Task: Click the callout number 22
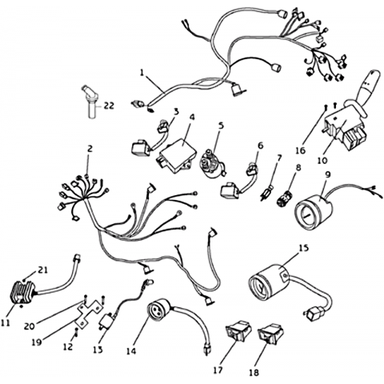tap(109, 106)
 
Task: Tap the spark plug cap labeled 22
tap(90, 102)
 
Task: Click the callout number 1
tap(142, 73)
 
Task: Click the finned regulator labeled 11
tap(23, 293)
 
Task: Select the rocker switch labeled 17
tap(239, 330)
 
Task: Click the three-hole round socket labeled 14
tap(159, 310)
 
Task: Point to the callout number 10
tap(322, 161)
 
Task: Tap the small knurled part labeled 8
tap(285, 198)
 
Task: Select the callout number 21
tap(42, 270)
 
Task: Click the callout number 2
tap(90, 149)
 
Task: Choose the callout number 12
tap(68, 346)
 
